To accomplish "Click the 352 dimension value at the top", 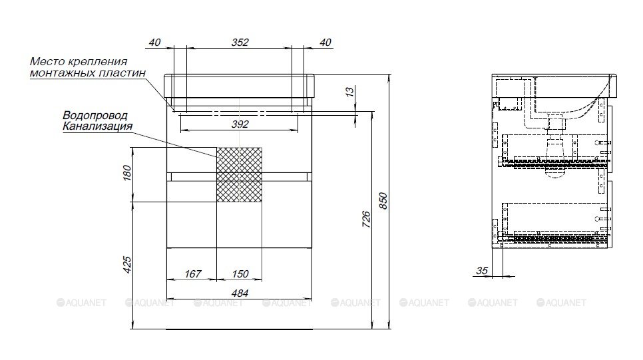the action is click(240, 42).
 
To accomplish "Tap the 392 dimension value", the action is click(240, 124).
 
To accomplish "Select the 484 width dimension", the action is click(240, 293).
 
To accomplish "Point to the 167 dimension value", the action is click(193, 273).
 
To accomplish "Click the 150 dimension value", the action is click(240, 273).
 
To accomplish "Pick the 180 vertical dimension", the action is click(127, 172).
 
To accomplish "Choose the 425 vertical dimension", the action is click(127, 265).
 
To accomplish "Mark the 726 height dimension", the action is click(366, 220).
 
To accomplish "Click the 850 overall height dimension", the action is click(383, 201).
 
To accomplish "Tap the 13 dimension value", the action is click(349, 92).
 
